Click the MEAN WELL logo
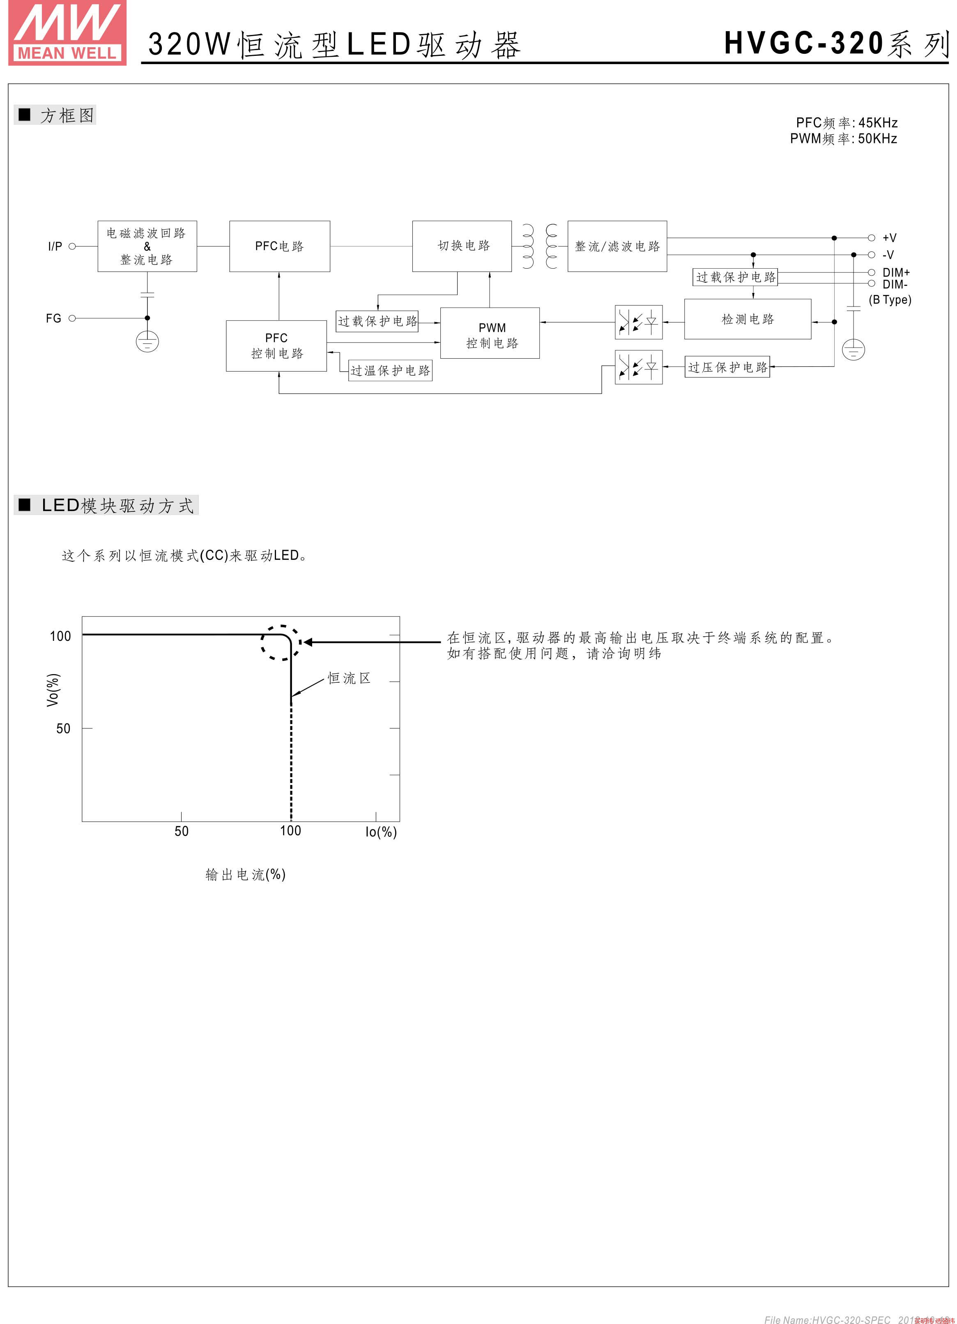[67, 33]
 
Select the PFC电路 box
[280, 246]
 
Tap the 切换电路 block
[462, 246]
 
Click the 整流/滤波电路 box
[617, 246]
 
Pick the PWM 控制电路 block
[490, 333]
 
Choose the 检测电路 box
[748, 319]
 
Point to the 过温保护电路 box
[390, 371]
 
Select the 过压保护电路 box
[727, 367]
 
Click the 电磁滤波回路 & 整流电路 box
[147, 246]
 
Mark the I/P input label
[55, 246]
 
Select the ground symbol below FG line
[147, 341]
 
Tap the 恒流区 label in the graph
[349, 678]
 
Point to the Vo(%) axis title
[53, 690]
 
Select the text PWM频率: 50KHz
[843, 139]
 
